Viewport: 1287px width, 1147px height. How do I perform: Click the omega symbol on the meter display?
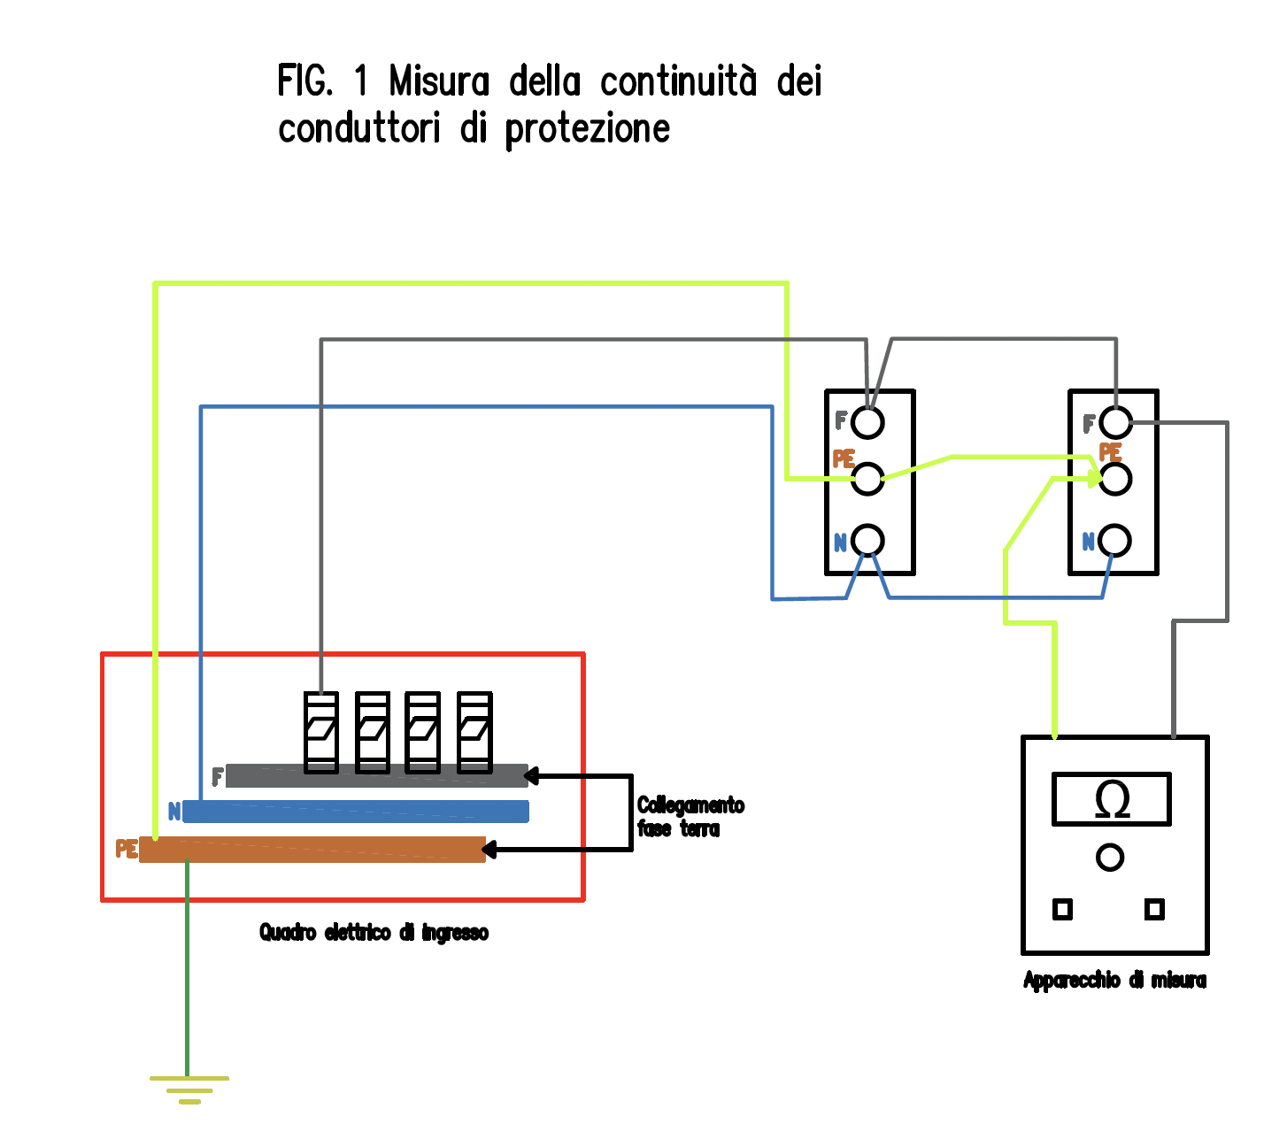coord(1112,799)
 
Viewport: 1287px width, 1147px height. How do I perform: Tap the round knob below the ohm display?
coord(1110,857)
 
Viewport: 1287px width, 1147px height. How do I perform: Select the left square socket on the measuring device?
coord(1062,909)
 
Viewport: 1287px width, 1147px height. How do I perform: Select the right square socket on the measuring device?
coord(1154,909)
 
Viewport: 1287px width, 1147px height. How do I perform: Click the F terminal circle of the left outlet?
coord(867,423)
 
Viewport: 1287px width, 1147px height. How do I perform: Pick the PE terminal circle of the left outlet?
coord(867,479)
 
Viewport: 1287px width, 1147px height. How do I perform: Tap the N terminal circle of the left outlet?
coord(867,540)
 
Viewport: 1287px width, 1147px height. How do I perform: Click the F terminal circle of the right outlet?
coord(1115,423)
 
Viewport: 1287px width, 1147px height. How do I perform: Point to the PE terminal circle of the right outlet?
coord(1115,479)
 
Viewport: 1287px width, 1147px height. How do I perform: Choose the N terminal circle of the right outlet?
coord(1115,540)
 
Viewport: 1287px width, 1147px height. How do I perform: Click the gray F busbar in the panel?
coord(376,776)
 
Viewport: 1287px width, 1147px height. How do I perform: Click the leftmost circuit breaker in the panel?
coord(320,732)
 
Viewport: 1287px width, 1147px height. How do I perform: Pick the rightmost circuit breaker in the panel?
coord(474,732)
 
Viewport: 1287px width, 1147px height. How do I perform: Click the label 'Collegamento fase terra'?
coord(690,817)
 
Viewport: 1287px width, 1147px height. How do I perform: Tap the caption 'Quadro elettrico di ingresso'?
coord(374,933)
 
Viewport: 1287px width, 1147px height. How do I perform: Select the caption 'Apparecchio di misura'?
coord(1114,981)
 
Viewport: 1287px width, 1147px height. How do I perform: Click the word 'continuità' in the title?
coord(678,82)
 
